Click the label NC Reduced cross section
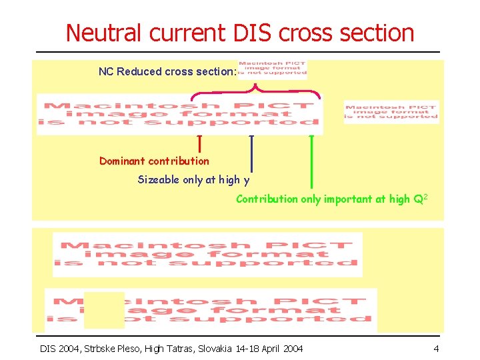tap(167, 71)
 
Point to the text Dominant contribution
tap(154, 161)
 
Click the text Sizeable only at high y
tap(193, 179)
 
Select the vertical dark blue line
tap(251, 160)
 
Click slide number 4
tap(435, 349)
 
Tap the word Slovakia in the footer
tap(211, 349)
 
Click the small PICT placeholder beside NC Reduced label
tap(273, 68)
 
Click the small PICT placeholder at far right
tap(391, 112)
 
